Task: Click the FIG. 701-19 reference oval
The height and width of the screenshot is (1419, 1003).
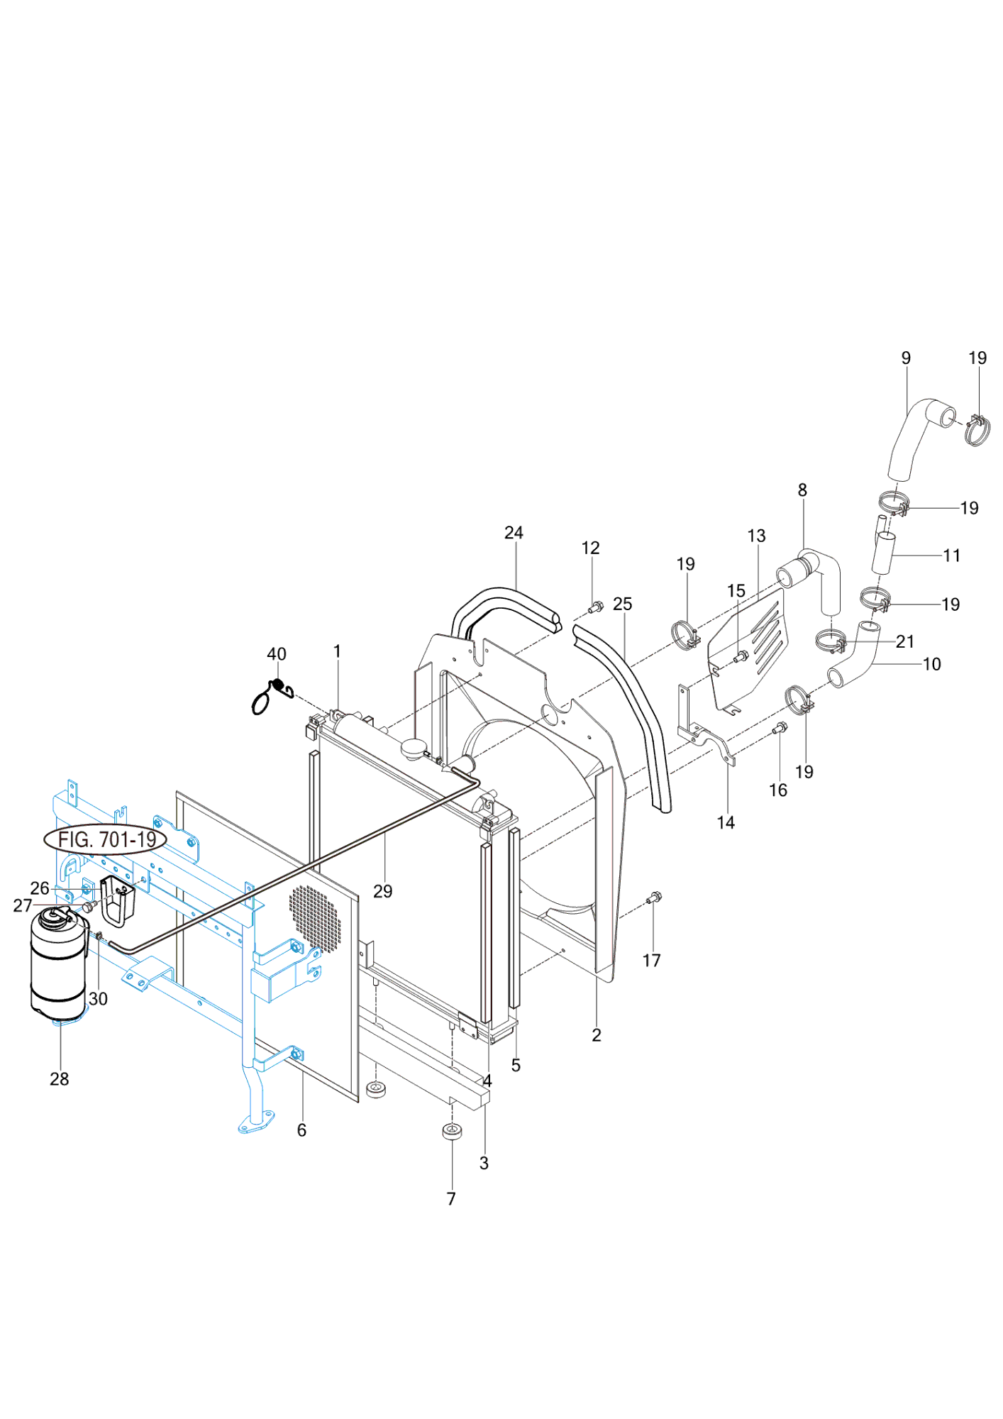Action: click(106, 839)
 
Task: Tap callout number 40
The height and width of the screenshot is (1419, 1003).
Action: click(277, 654)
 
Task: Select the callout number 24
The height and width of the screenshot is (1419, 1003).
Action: click(514, 533)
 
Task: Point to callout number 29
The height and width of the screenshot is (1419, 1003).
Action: click(382, 891)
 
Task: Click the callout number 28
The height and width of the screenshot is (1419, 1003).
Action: click(60, 1079)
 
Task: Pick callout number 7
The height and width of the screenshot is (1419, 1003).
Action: click(451, 1198)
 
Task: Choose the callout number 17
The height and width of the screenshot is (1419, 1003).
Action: click(651, 961)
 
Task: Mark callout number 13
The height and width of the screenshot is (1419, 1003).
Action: click(756, 536)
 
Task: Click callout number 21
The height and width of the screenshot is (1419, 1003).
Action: click(905, 641)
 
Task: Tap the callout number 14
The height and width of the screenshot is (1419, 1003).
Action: click(726, 822)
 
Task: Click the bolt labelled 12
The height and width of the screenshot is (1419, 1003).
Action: click(595, 607)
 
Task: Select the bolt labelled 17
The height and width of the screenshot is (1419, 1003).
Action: click(654, 898)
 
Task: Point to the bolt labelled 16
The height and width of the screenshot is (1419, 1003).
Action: click(780, 727)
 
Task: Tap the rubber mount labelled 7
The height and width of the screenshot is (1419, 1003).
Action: click(452, 1131)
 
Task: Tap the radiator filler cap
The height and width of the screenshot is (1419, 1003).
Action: click(413, 747)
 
